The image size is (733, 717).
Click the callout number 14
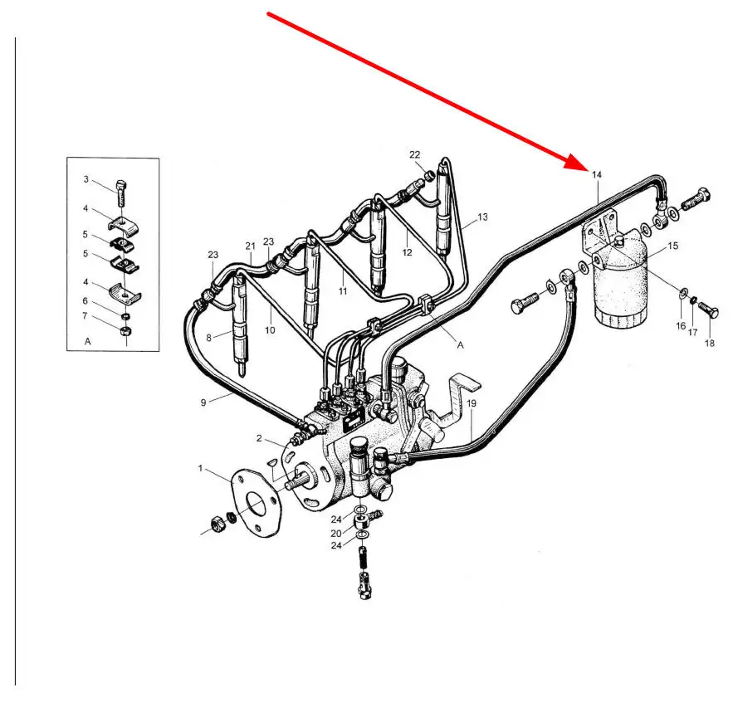(597, 175)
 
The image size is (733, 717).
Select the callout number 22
(415, 154)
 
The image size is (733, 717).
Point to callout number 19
(472, 403)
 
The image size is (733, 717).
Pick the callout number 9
(203, 402)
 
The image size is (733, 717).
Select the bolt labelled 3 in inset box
(120, 193)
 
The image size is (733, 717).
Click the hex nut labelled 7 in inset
(125, 331)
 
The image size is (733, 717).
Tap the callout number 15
(672, 246)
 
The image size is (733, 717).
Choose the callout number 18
(709, 343)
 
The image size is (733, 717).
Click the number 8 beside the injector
(208, 338)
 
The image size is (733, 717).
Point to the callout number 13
(482, 217)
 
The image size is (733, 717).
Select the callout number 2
(259, 438)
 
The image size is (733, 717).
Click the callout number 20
(336, 534)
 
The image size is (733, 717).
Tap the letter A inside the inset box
(87, 342)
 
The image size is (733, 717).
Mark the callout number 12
(407, 252)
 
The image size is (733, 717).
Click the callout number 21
(250, 246)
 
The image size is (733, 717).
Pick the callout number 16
(681, 326)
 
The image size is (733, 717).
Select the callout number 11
(343, 291)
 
